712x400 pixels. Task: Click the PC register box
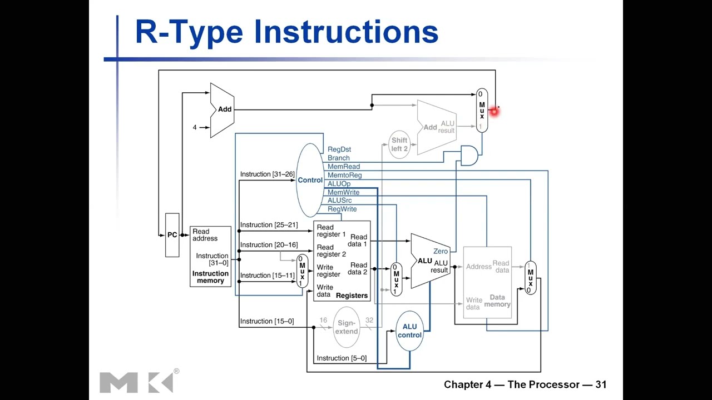click(172, 235)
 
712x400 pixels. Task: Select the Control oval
click(310, 180)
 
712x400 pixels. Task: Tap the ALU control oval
click(409, 331)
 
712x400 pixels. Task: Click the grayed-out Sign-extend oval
click(346, 327)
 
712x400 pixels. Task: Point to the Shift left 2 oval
click(399, 144)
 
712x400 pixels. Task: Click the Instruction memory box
click(210, 256)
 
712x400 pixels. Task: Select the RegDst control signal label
click(339, 149)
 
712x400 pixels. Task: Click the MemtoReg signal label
click(344, 175)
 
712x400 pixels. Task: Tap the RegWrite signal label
click(342, 209)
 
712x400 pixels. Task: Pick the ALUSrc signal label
click(339, 201)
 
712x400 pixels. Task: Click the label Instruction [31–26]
click(267, 174)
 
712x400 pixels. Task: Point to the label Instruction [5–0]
click(341, 358)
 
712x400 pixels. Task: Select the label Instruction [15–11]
click(267, 276)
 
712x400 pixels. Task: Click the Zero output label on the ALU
click(440, 252)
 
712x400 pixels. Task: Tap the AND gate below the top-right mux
click(469, 156)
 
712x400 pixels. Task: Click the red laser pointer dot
click(493, 112)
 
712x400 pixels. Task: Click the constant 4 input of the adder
click(195, 127)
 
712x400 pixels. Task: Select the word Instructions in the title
click(345, 32)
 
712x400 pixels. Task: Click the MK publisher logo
click(136, 382)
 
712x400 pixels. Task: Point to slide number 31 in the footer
click(600, 384)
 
